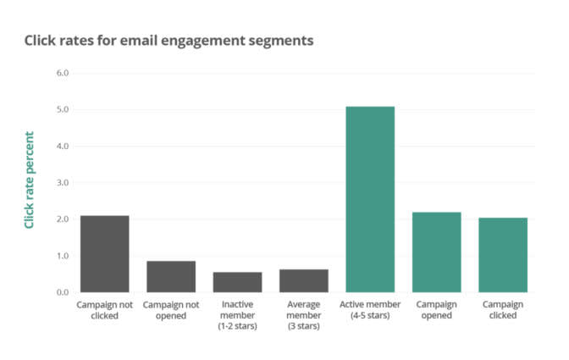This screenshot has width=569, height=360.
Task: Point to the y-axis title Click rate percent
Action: pos(30,180)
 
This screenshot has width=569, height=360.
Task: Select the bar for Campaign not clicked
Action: pos(104,254)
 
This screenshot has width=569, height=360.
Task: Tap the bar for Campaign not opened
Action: pos(170,276)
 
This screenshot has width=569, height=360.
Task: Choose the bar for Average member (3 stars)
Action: pos(303,280)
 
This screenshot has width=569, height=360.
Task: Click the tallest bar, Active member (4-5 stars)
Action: pos(369,199)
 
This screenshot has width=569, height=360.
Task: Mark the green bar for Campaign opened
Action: pos(436,252)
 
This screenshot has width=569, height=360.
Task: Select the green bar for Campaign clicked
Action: pos(502,255)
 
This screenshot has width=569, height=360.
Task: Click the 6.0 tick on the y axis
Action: pos(62,73)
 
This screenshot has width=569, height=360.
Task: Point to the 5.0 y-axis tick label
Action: pos(62,109)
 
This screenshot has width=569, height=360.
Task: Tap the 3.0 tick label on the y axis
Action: pos(62,182)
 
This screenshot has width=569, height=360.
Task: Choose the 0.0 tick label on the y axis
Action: pos(62,292)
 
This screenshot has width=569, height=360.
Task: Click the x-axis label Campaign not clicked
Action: pos(104,309)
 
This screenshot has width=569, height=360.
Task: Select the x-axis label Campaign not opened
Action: pos(170,309)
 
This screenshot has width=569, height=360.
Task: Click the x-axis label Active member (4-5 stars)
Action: pos(369,309)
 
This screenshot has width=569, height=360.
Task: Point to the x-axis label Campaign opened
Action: pos(436,309)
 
